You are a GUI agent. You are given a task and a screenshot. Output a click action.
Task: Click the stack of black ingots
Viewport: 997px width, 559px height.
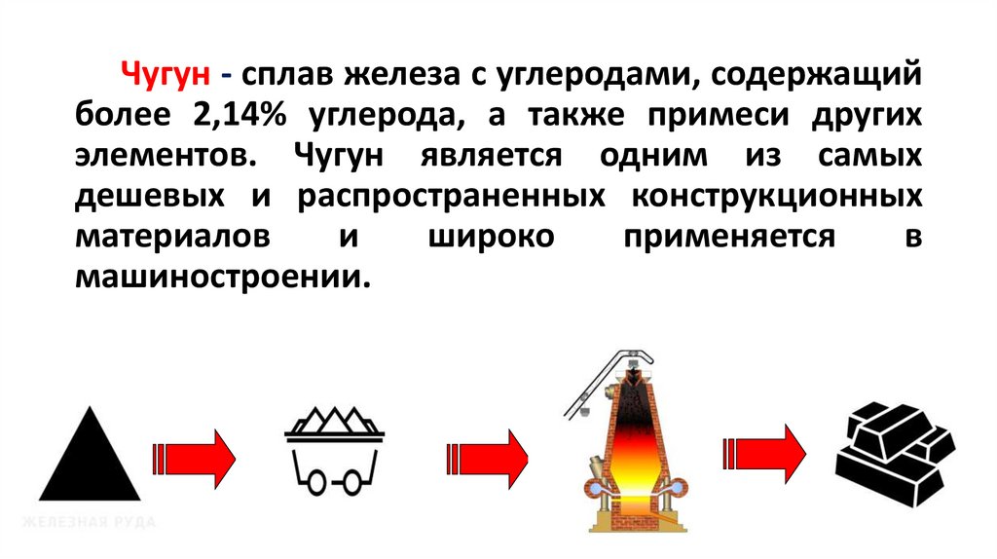click(894, 453)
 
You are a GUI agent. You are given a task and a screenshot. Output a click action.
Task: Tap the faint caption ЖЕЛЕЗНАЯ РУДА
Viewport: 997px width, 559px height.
click(90, 523)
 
